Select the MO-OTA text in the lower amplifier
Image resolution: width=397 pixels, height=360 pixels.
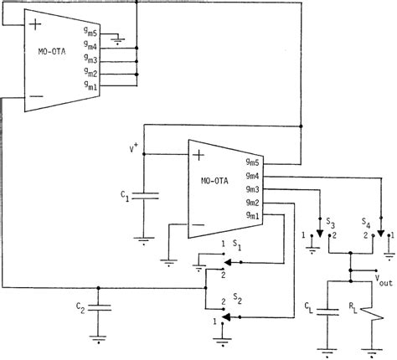coord(215,181)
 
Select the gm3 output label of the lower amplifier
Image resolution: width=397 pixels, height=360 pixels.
coord(252,190)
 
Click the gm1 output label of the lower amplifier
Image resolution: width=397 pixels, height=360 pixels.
coord(252,217)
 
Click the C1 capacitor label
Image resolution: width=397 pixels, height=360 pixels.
coord(125,196)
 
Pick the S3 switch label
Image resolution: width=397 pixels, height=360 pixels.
coord(331,224)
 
